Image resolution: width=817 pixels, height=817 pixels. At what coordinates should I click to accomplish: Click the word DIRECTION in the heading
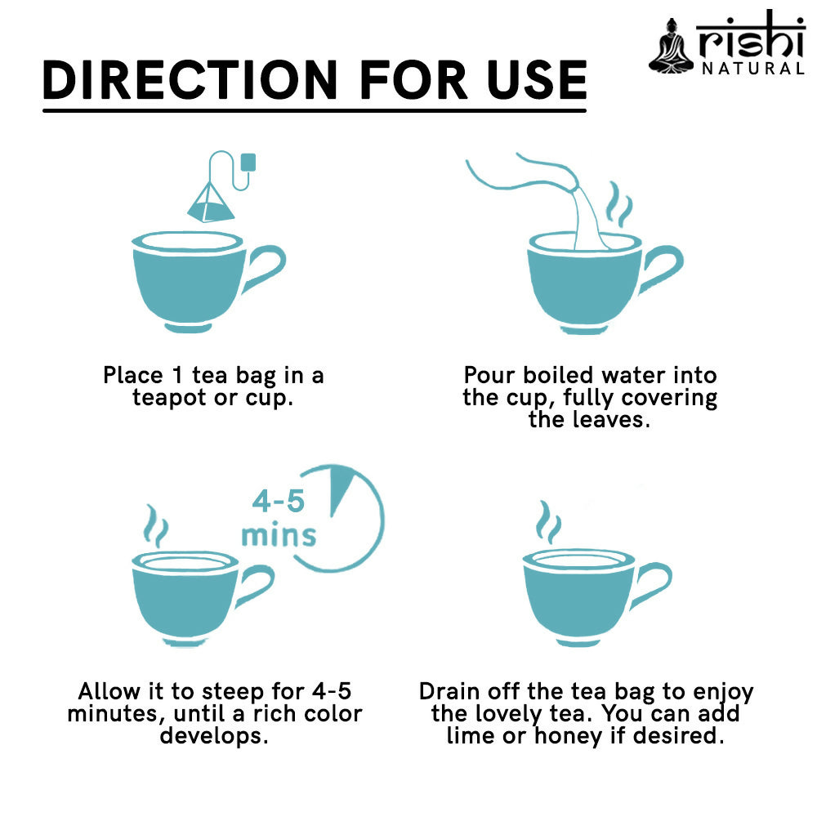coord(190,80)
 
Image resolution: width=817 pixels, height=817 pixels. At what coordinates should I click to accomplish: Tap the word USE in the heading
coord(538,80)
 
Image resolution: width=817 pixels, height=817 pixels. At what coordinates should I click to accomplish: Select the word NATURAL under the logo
coord(753,69)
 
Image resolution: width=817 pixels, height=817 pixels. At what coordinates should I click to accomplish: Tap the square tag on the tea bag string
coord(248,162)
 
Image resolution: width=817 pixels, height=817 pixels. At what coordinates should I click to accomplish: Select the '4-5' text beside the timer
coord(279,501)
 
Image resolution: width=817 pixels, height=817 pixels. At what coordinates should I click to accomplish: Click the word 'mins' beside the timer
coord(279,535)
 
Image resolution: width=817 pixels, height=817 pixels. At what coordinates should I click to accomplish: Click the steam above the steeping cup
coord(156,525)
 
